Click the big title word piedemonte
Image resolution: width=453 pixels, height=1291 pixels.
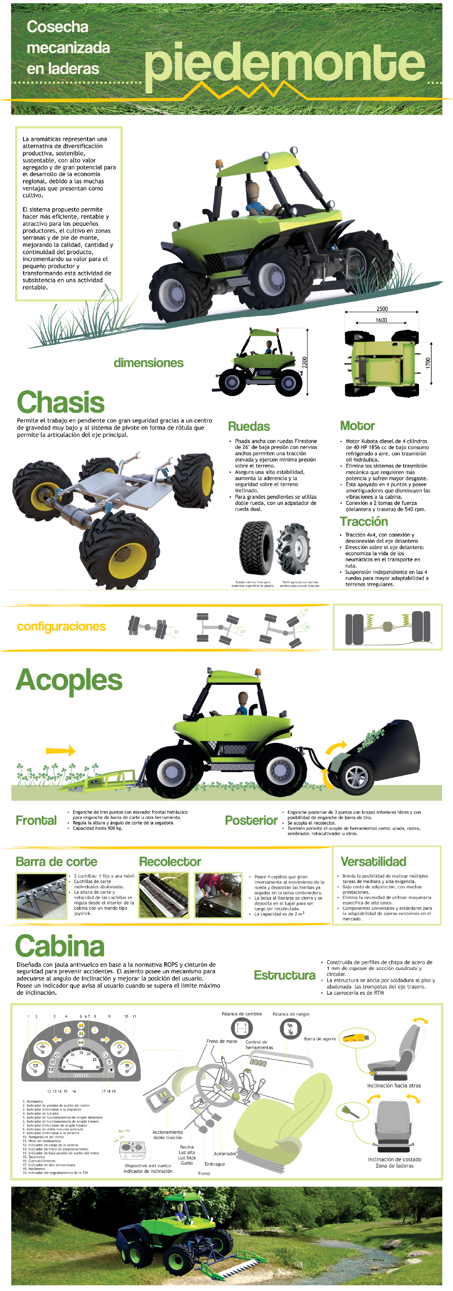click(x=284, y=63)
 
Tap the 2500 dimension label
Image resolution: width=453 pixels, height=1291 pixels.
click(x=382, y=309)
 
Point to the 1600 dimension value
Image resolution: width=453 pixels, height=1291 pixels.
click(x=381, y=320)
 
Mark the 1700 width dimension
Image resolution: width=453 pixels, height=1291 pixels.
click(x=428, y=363)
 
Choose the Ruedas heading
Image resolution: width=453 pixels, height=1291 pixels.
click(x=249, y=427)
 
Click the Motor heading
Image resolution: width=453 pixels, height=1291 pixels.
click(x=357, y=426)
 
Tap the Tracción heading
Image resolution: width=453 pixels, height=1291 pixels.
click(x=364, y=522)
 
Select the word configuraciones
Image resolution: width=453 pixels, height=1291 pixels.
click(x=61, y=626)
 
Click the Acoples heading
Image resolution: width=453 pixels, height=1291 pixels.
click(x=69, y=680)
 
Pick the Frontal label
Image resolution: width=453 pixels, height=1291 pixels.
click(x=36, y=820)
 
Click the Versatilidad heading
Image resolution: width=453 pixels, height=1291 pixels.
click(x=373, y=861)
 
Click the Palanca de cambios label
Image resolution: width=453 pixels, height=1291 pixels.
click(x=242, y=1014)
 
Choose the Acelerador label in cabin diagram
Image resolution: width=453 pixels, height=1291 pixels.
click(x=225, y=1154)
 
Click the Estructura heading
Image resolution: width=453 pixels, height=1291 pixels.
click(x=284, y=975)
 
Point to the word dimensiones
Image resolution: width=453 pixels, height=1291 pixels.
click(x=149, y=363)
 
